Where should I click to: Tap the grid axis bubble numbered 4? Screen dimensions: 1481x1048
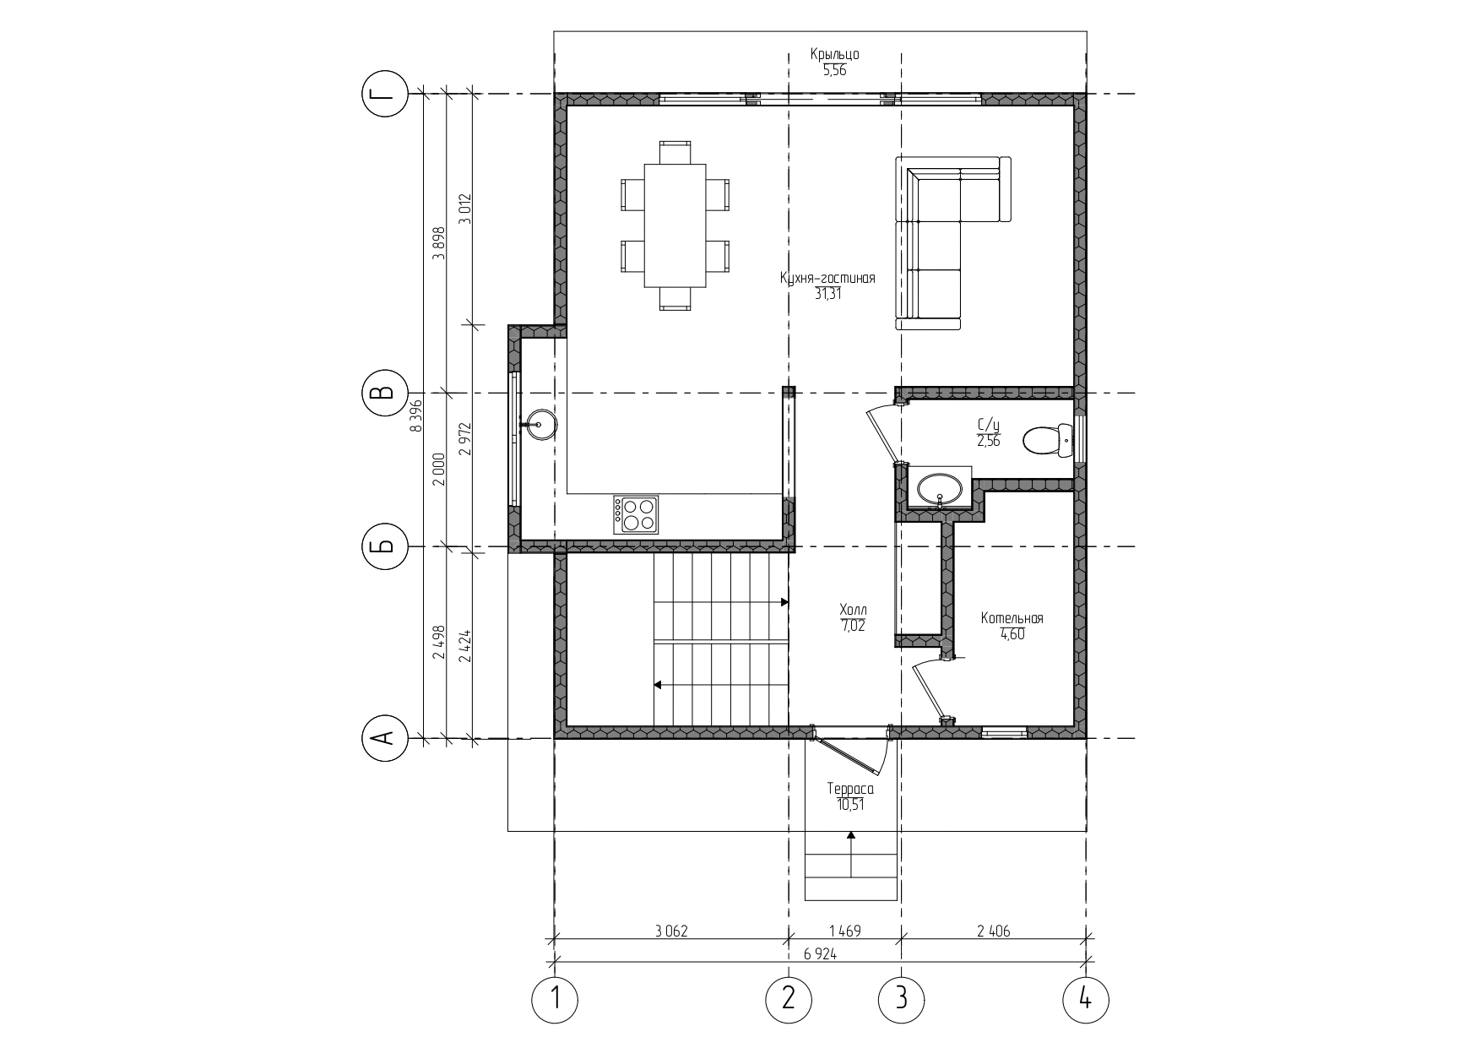pos(1086,1000)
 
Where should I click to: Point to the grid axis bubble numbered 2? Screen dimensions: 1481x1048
pos(789,1000)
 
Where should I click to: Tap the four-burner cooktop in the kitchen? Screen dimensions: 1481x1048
pos(637,514)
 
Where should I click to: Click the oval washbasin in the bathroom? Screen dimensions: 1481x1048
pos(939,489)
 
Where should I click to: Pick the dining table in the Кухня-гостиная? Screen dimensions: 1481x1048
pos(675,225)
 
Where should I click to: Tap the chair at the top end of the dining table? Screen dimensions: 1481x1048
pos(675,153)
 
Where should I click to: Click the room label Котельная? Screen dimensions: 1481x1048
pos(1012,618)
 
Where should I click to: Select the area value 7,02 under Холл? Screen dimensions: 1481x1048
pos(853,626)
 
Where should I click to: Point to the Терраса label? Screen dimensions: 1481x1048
pos(850,790)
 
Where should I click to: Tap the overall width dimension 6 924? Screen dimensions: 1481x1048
pos(821,953)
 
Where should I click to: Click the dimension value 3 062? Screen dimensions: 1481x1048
pos(671,931)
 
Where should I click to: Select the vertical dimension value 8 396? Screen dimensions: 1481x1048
pos(415,416)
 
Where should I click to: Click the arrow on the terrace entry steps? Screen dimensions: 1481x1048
pos(851,855)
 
